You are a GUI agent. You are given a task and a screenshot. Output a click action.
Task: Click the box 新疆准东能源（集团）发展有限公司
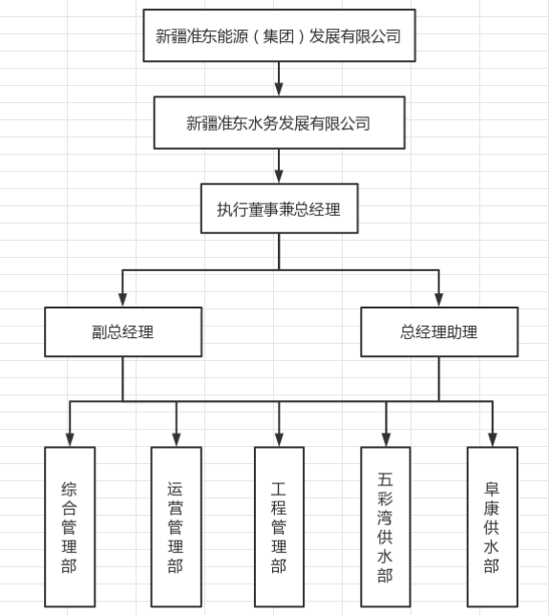point(279,35)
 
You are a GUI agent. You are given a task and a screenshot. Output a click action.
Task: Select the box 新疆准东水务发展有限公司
point(279,123)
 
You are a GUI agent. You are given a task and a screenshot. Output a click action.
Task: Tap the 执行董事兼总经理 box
point(279,208)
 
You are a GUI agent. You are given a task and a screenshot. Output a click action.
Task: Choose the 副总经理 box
point(123,331)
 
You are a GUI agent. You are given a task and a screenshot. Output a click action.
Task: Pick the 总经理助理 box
point(439,331)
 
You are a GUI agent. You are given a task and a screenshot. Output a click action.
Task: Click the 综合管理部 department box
point(70,527)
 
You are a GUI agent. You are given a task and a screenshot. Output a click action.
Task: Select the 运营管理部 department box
point(176,527)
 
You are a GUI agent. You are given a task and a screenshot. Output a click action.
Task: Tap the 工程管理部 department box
point(279,527)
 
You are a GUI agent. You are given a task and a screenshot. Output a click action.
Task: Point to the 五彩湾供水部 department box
point(386,527)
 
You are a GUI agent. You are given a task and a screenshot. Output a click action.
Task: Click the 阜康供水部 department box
point(492,527)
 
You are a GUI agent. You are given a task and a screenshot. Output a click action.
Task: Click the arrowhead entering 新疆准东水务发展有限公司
point(279,90)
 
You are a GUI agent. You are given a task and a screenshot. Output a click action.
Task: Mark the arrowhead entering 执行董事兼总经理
point(279,177)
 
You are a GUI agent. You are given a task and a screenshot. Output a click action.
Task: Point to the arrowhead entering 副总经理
point(123,300)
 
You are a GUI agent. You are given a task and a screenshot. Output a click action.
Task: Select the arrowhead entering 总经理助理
point(439,300)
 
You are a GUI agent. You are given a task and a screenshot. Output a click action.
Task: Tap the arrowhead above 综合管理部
point(70,439)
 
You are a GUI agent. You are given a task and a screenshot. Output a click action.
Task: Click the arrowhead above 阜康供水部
point(493,439)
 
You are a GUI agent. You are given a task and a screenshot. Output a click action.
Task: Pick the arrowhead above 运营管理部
point(177,439)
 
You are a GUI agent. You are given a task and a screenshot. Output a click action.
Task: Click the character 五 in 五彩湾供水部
point(385,479)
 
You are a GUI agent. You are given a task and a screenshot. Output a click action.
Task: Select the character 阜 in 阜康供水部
point(492,489)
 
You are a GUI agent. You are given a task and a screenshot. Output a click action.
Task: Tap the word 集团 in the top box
point(279,36)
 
